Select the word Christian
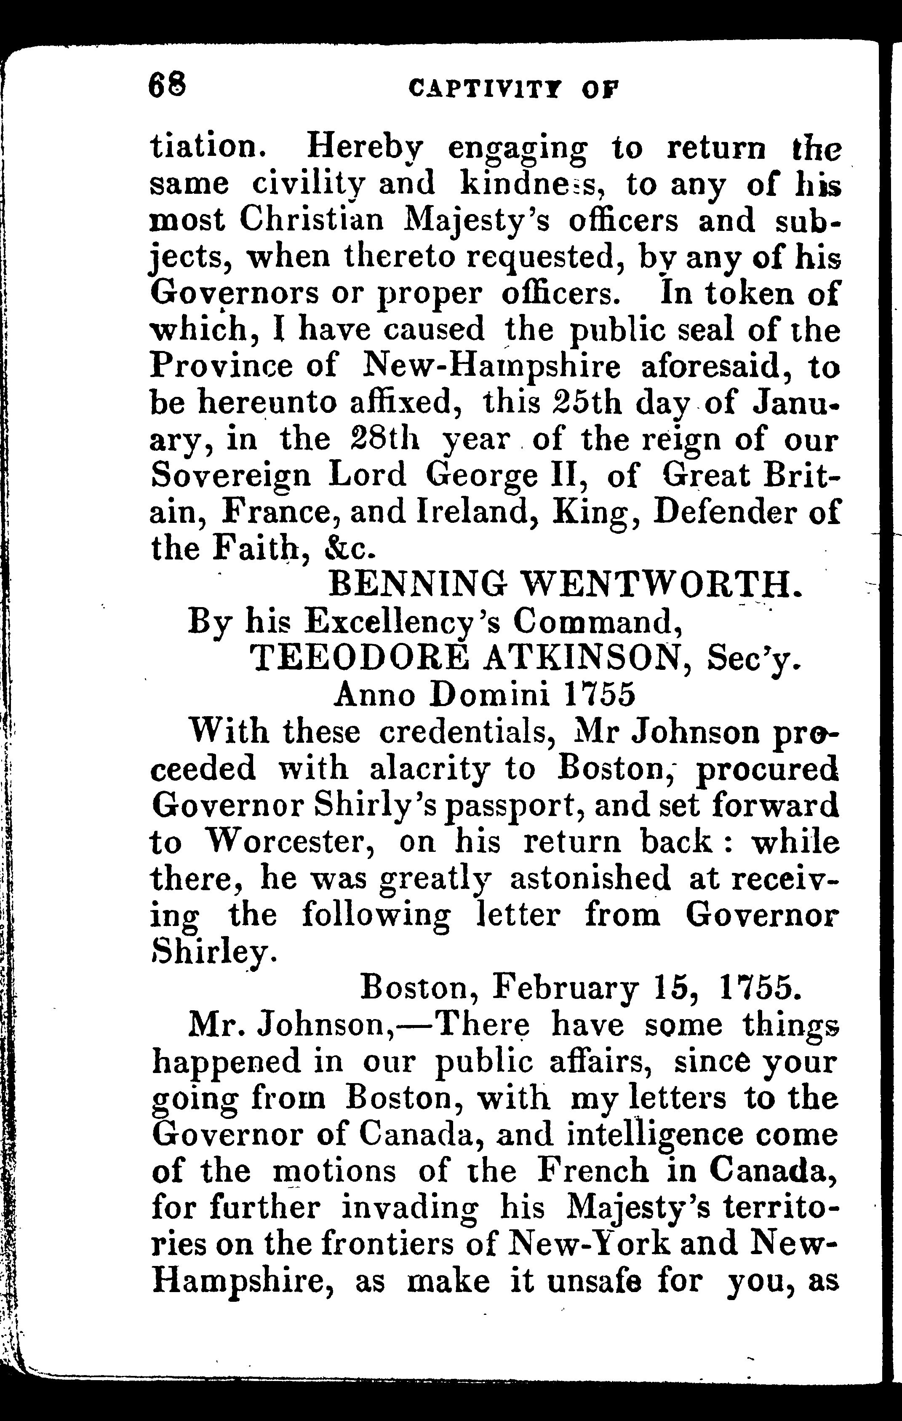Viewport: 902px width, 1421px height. tap(312, 221)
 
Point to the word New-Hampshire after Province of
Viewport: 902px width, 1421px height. tap(491, 367)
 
